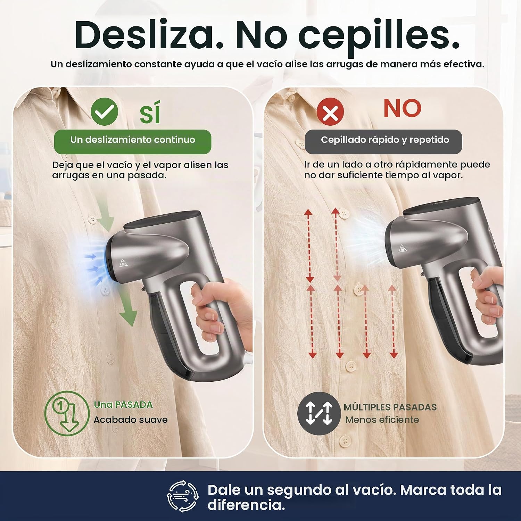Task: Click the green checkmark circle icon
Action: (x=104, y=111)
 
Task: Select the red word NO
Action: (x=403, y=108)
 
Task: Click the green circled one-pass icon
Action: (x=67, y=413)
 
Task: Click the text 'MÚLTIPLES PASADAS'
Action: (x=390, y=407)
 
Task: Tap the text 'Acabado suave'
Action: (x=131, y=420)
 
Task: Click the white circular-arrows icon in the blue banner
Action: (x=183, y=496)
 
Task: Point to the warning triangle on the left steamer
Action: (x=123, y=263)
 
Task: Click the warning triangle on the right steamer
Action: (x=402, y=248)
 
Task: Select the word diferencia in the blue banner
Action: (x=246, y=505)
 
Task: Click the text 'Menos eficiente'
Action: (x=382, y=420)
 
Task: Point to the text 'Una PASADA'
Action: (x=123, y=405)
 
